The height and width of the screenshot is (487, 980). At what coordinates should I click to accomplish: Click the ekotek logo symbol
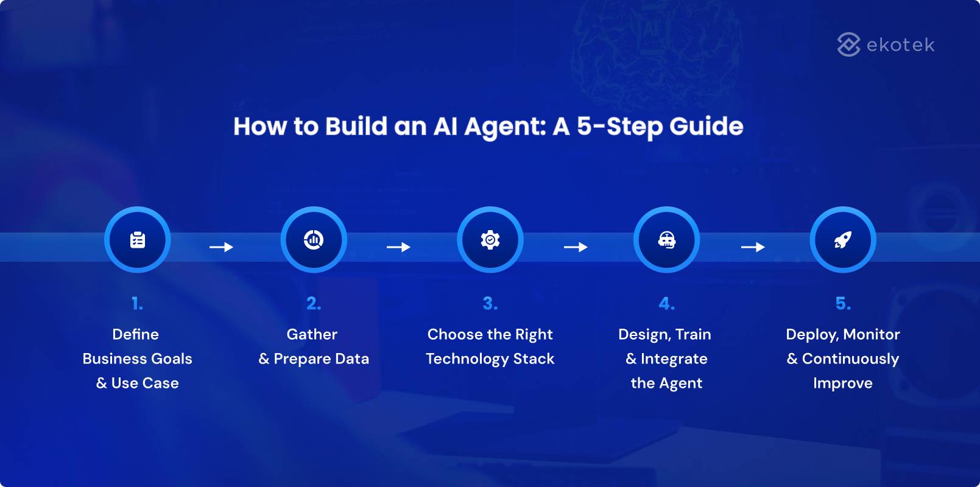tap(848, 44)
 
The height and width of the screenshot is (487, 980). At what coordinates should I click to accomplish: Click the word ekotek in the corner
tap(900, 45)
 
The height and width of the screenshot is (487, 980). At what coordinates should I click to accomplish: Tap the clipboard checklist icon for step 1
tap(138, 240)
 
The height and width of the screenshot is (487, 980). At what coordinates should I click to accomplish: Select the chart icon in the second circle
tap(314, 240)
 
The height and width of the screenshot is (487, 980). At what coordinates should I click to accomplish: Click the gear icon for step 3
tap(490, 240)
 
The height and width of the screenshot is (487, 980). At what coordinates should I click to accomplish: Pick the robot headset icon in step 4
tap(666, 240)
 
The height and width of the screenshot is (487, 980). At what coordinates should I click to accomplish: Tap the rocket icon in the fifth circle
tap(843, 240)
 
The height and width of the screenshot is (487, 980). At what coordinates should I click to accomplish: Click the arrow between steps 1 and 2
tap(221, 247)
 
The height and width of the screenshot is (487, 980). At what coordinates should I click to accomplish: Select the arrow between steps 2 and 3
tap(398, 247)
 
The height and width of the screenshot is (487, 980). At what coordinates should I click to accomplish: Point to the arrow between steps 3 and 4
tap(576, 247)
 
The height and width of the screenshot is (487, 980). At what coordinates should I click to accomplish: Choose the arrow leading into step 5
tap(753, 247)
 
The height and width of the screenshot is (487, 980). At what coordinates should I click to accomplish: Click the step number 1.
tap(137, 303)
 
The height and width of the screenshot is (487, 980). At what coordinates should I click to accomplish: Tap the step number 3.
tap(490, 303)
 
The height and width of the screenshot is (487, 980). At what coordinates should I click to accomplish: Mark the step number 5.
tap(843, 303)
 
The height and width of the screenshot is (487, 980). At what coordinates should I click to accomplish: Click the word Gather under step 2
tap(312, 334)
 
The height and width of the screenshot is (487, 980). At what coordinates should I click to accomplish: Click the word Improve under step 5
tap(842, 384)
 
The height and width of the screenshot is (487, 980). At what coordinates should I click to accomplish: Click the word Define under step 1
tap(135, 334)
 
